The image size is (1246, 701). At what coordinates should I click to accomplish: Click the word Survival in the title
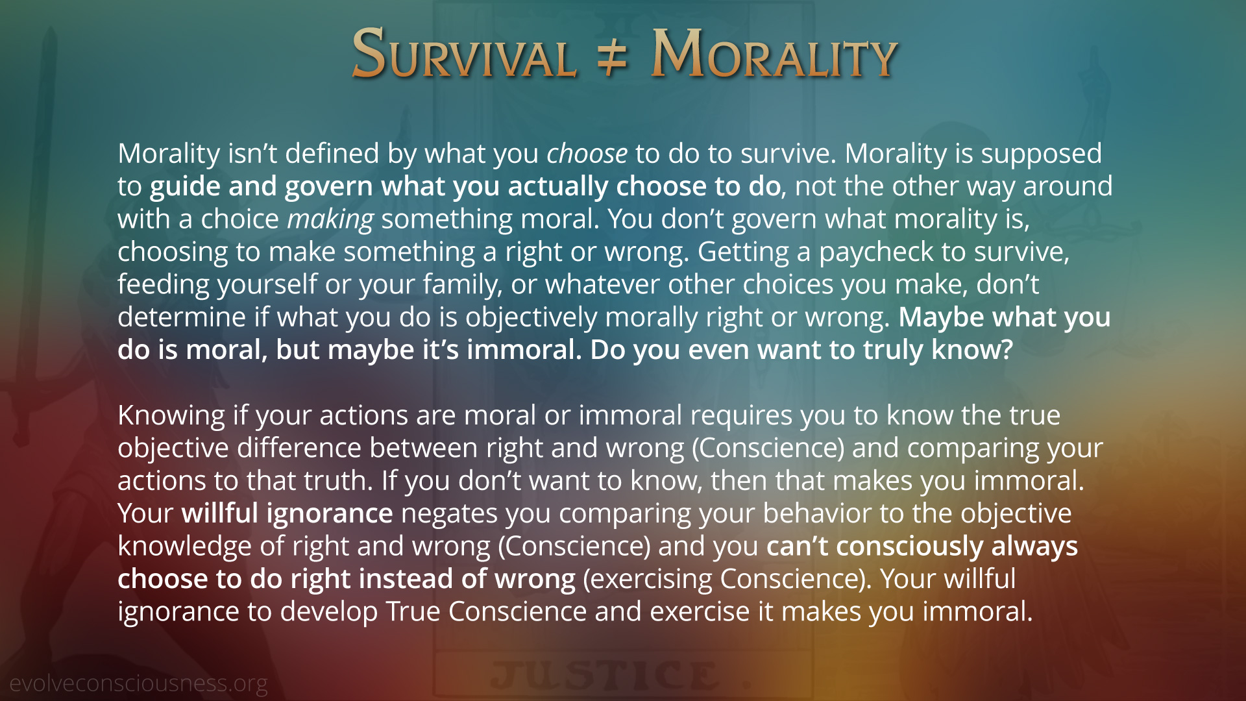click(464, 53)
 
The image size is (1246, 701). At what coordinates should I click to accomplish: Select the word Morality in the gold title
click(774, 53)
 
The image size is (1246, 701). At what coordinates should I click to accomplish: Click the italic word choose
click(587, 154)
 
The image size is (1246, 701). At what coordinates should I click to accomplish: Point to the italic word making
click(330, 220)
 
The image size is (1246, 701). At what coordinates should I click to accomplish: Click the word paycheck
click(876, 252)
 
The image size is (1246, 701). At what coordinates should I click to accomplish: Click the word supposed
click(1041, 154)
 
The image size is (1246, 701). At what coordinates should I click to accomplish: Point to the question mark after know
click(1007, 350)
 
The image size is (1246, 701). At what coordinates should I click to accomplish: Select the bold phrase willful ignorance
click(287, 513)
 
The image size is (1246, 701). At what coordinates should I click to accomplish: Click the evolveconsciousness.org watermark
click(138, 683)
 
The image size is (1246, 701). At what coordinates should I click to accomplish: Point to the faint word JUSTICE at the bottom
click(604, 675)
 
